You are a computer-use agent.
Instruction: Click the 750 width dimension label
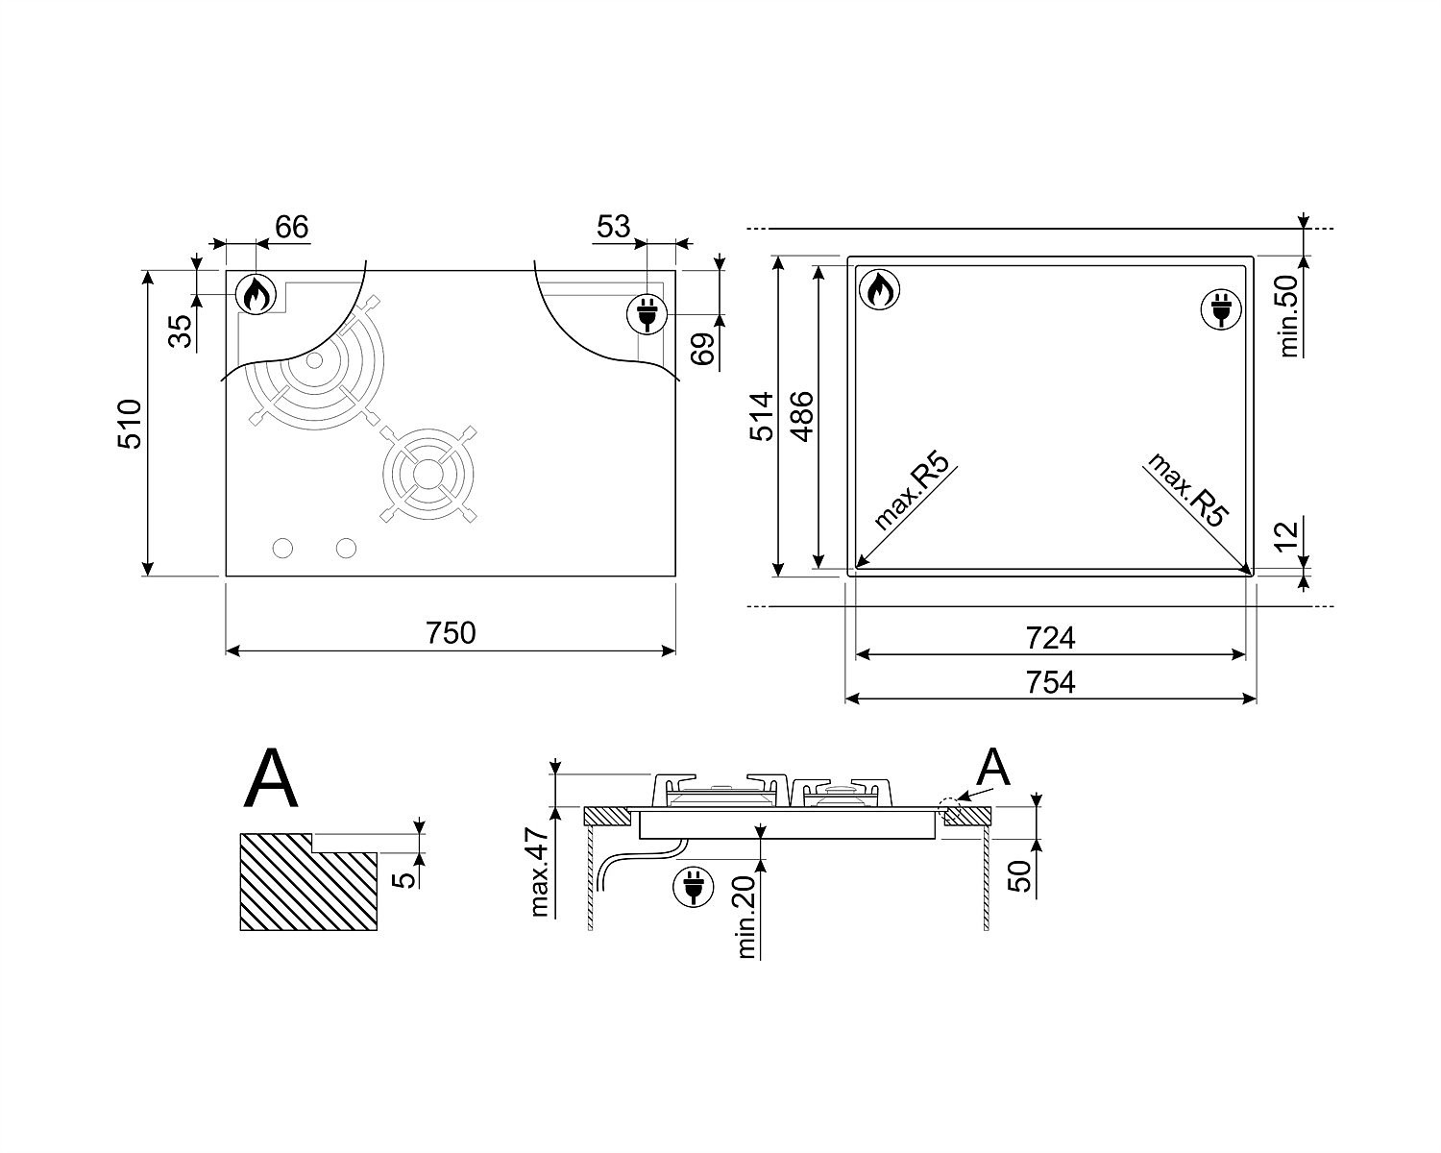click(x=451, y=633)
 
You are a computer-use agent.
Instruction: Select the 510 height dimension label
click(x=130, y=424)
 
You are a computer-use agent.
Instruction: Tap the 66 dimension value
click(x=292, y=227)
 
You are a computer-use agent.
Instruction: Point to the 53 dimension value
click(x=613, y=227)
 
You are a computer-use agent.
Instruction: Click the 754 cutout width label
click(x=1051, y=683)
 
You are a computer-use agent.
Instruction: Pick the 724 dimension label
click(x=1051, y=638)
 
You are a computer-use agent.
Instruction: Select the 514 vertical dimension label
click(x=762, y=417)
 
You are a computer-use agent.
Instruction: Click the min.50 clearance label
click(x=1287, y=315)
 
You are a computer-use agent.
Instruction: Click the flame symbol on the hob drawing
click(x=256, y=294)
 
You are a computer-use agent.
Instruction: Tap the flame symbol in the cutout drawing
click(x=879, y=289)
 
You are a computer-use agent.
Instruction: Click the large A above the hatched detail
click(x=271, y=780)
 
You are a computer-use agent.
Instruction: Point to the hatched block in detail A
click(x=308, y=882)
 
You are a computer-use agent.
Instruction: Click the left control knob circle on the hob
click(x=282, y=548)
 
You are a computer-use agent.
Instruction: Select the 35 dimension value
click(x=180, y=331)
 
